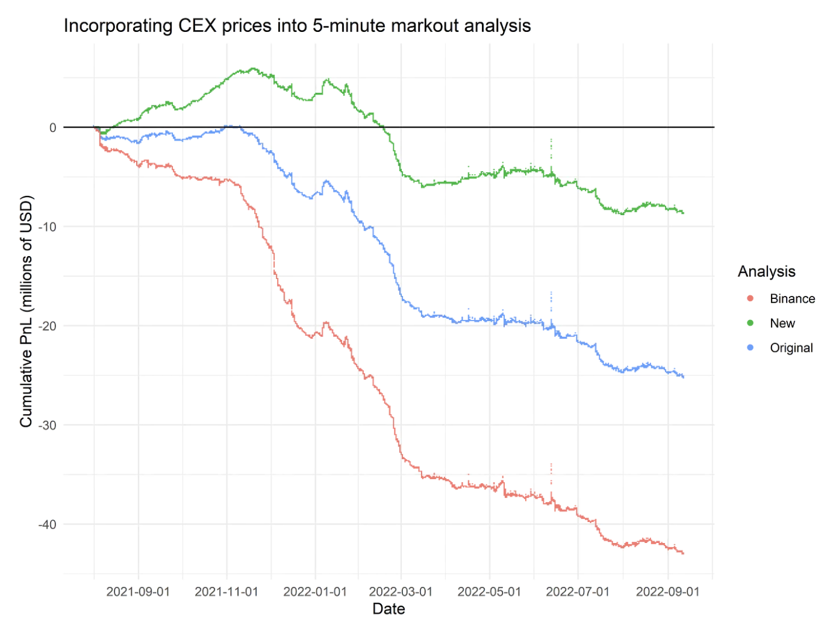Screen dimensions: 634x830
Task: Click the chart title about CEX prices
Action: [297, 26]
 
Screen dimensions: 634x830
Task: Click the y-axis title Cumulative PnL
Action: [26, 312]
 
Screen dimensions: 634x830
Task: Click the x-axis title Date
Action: [388, 609]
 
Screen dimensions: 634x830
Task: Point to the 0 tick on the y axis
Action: [53, 128]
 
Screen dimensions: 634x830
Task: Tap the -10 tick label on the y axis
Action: [48, 227]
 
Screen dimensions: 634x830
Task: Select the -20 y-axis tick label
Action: [48, 326]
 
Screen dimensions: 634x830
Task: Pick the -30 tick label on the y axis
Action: [48, 425]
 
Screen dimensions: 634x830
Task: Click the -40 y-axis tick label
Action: [48, 524]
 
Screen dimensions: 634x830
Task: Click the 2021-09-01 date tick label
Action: [138, 592]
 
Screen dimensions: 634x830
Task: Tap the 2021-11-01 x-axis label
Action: [226, 592]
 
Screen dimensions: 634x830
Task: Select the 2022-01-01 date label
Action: [315, 592]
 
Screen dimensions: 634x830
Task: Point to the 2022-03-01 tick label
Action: [401, 592]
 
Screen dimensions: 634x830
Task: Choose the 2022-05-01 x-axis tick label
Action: [489, 592]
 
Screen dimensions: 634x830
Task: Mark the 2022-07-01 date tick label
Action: [578, 592]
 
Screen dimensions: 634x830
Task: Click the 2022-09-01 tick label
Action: [668, 592]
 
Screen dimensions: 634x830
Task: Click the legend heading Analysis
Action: [766, 272]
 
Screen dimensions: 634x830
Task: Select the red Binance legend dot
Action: [750, 299]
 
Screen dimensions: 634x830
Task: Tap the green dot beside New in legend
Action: [750, 324]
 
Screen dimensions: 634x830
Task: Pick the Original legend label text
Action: [791, 348]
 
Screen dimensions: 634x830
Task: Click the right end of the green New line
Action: [683, 213]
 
